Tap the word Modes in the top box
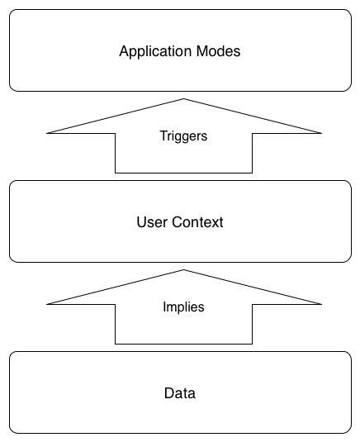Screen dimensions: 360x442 pos(218,51)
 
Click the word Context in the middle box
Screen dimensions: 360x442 pos(197,222)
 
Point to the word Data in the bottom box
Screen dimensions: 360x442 pos(180,393)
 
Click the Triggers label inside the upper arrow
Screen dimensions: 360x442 pos(183,136)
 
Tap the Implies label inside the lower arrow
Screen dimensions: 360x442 pos(183,307)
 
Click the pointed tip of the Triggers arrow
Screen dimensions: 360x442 pos(183,98)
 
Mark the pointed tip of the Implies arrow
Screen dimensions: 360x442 pos(183,270)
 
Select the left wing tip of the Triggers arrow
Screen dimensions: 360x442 pos(47,133)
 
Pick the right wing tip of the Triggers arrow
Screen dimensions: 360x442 pos(321,133)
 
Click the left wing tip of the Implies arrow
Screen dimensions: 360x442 pos(47,304)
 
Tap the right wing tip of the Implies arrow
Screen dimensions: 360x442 pos(321,304)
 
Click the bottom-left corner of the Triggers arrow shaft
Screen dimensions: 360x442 pos(116,173)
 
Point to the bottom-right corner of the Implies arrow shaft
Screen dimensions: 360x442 pos(252,344)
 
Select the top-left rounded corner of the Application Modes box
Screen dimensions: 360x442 pos(12,12)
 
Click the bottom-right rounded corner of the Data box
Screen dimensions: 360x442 pos(349,430)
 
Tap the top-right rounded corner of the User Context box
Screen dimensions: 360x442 pos(349,183)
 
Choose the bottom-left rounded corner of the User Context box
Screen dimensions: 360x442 pos(12,259)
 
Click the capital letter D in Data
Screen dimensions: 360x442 pos(169,393)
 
